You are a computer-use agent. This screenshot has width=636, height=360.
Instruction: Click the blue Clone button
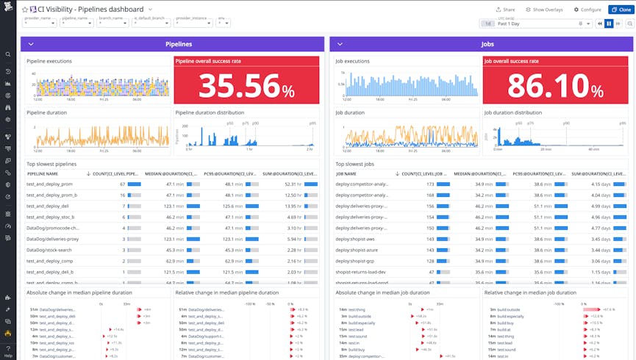coord(621,10)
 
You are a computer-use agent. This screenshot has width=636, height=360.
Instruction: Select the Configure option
coord(586,10)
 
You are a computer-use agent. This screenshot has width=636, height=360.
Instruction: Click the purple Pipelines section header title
coord(179,44)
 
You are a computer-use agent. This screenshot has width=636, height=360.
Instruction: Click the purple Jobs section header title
coord(487,44)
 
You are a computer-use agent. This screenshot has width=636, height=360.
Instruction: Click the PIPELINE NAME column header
coord(43,173)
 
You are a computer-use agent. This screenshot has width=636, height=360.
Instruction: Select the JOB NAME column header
coord(346,173)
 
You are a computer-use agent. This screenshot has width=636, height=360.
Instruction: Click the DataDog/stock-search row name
coord(49,250)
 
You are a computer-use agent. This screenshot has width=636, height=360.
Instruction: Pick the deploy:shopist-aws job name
coord(355,239)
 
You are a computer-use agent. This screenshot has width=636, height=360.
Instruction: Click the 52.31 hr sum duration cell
coord(293,184)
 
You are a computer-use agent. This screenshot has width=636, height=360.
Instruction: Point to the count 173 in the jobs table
coord(429,184)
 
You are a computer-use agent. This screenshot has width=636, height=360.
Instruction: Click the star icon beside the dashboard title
coord(25,9)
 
